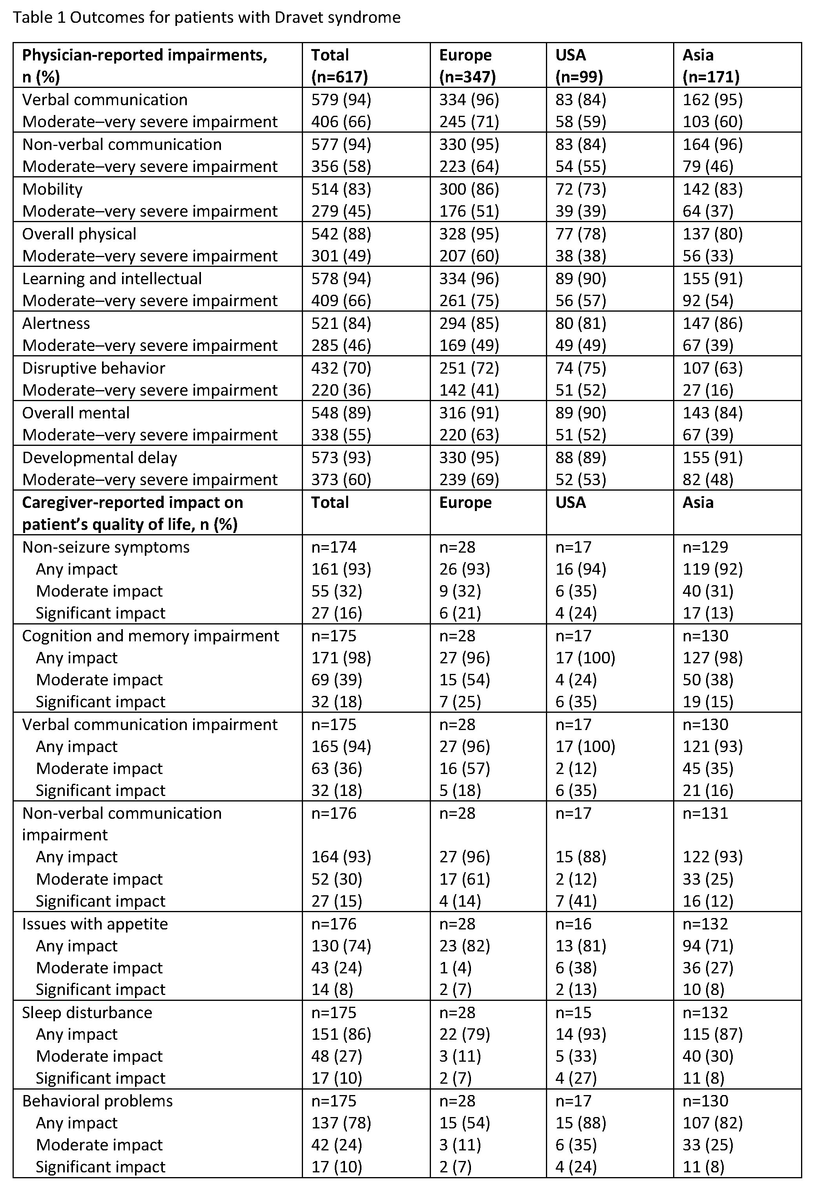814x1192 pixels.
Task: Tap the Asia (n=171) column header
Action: [710, 66]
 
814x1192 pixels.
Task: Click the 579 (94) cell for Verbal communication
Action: [341, 100]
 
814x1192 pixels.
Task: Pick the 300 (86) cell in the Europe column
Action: [469, 189]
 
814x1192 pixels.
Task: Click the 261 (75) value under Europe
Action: [469, 301]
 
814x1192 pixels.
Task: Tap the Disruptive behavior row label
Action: [93, 368]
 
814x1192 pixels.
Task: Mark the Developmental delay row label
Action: [100, 458]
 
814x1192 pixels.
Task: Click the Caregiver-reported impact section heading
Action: [132, 513]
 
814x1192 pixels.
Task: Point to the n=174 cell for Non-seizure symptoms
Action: [334, 547]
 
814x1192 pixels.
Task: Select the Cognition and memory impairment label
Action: [150, 636]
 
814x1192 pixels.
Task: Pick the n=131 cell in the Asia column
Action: [705, 814]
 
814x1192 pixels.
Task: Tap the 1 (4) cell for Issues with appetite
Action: [455, 968]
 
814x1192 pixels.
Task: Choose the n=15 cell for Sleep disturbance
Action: [573, 1013]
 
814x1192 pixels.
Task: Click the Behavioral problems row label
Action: [97, 1101]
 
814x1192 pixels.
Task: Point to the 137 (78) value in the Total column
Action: [341, 1123]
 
